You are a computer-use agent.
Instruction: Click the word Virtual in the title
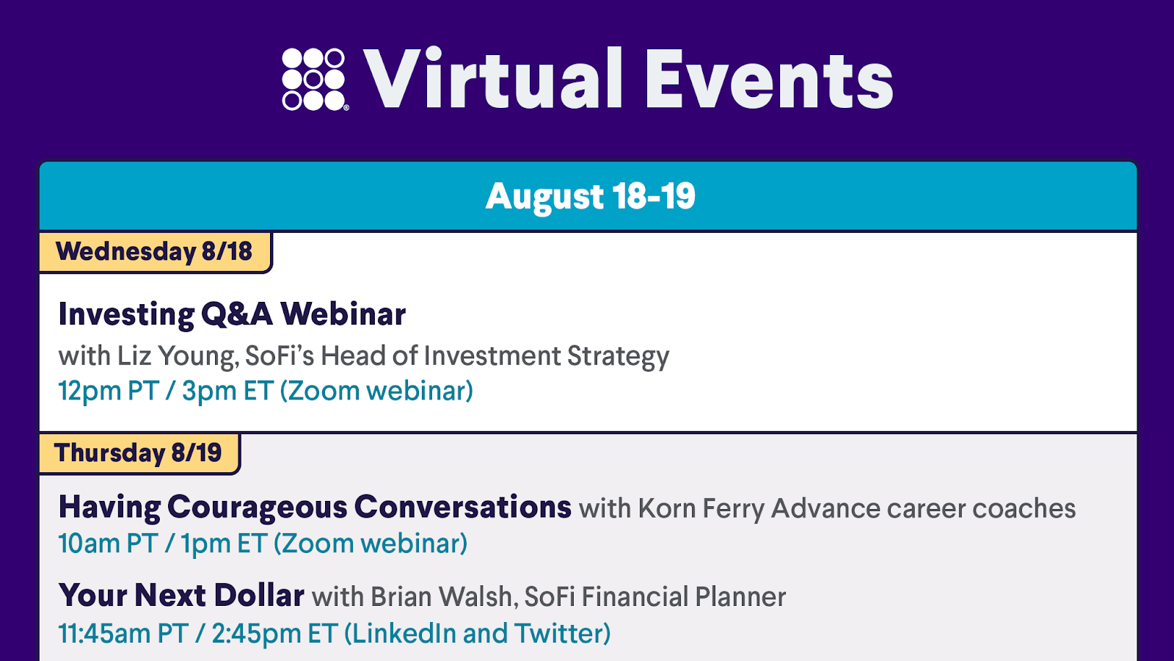pyautogui.click(x=492, y=79)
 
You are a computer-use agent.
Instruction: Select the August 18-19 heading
pyautogui.click(x=590, y=196)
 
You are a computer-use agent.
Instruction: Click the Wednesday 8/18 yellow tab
pyautogui.click(x=156, y=252)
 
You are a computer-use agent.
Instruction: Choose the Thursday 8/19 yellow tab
pyautogui.click(x=139, y=453)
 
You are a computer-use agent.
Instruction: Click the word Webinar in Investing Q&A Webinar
pyautogui.click(x=343, y=314)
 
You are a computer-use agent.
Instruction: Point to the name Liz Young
pyautogui.click(x=178, y=357)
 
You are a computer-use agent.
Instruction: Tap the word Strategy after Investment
pyautogui.click(x=619, y=357)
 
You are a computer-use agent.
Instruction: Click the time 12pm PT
pyautogui.click(x=109, y=391)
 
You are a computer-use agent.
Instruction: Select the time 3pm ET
pyautogui.click(x=227, y=391)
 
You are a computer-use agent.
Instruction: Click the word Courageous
pyautogui.click(x=258, y=508)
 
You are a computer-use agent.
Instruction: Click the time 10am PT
pyautogui.click(x=108, y=543)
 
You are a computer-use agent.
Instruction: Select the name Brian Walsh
pyautogui.click(x=441, y=596)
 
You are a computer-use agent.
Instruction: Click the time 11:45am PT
pyautogui.click(x=123, y=633)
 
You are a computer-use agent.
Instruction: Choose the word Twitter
pyautogui.click(x=558, y=633)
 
